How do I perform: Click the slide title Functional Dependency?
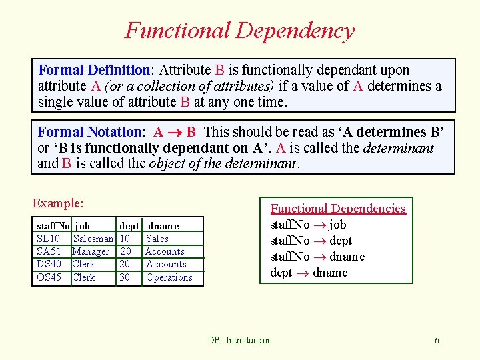[x=239, y=31]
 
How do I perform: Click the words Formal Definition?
[x=94, y=70]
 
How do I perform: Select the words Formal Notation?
[x=90, y=132]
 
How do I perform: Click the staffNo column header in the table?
[x=53, y=226]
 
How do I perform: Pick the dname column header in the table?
[x=163, y=226]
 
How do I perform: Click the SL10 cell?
[x=49, y=239]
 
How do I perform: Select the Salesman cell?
[x=93, y=239]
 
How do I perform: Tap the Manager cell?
[x=91, y=251]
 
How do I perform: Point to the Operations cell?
[x=169, y=277]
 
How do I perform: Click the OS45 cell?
[x=49, y=277]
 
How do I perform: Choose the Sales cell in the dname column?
[x=157, y=239]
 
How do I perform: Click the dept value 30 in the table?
[x=125, y=277]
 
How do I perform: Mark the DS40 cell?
[x=49, y=264]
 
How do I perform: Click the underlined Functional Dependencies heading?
[x=338, y=209]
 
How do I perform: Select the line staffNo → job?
[x=307, y=225]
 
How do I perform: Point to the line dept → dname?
[x=309, y=273]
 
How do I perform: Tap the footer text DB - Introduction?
[x=239, y=340]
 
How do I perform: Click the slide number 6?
[x=437, y=340]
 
